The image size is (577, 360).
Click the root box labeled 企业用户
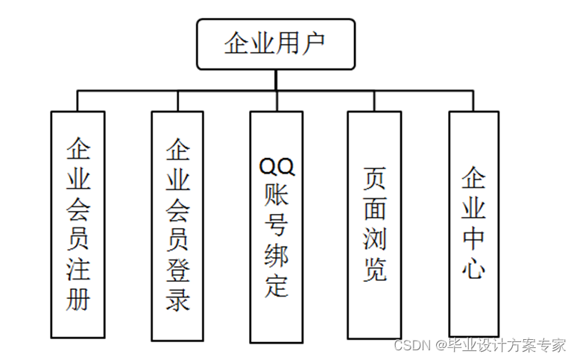coord(275,44)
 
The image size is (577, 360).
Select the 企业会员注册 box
coord(78,224)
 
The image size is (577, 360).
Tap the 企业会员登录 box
coord(177,224)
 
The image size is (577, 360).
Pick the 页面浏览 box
coord(374,224)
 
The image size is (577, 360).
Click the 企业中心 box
coord(473,223)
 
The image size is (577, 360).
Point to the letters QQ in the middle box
coord(276,165)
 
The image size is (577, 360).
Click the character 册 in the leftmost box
coord(78,298)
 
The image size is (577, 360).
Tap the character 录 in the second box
coord(177,298)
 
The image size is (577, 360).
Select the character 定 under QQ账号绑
coord(276,285)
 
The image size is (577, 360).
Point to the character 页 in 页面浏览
coord(374,178)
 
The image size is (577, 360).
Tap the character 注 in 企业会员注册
coord(78,268)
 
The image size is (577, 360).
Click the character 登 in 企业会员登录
coord(177,268)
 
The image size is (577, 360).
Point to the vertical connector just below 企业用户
coord(275,80)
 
